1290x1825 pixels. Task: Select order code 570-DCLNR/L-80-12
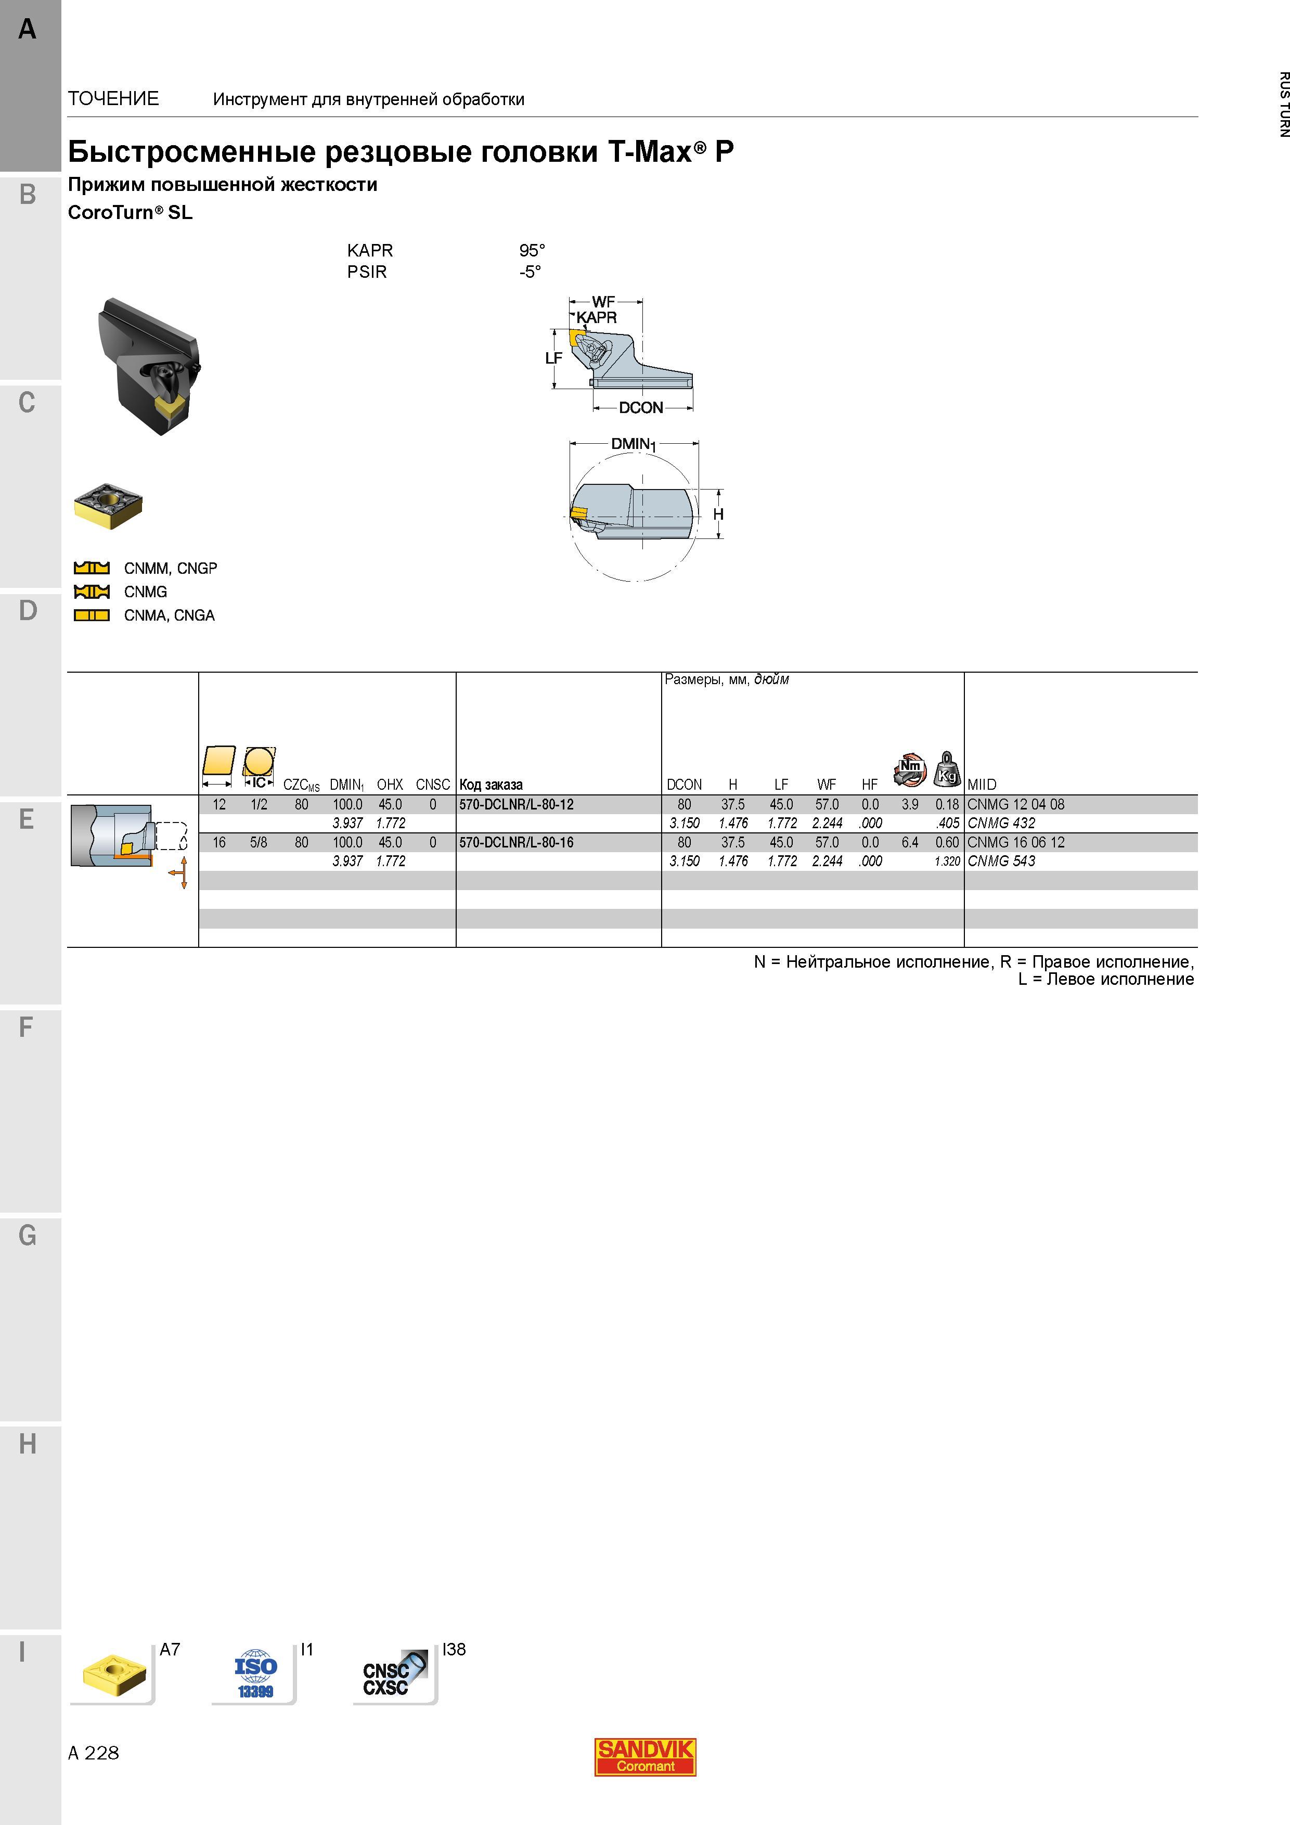click(516, 804)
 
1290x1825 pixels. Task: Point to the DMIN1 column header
click(346, 785)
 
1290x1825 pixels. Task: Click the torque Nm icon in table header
click(909, 769)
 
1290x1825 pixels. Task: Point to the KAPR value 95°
click(532, 250)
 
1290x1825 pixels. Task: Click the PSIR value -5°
click(530, 272)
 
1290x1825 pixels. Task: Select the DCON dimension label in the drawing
click(641, 408)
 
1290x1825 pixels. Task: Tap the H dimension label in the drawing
click(718, 515)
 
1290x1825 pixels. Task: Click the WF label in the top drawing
click(603, 302)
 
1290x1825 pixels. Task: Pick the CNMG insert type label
click(146, 592)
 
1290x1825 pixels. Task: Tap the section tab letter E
click(27, 819)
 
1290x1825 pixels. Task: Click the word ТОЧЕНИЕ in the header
click(114, 98)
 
